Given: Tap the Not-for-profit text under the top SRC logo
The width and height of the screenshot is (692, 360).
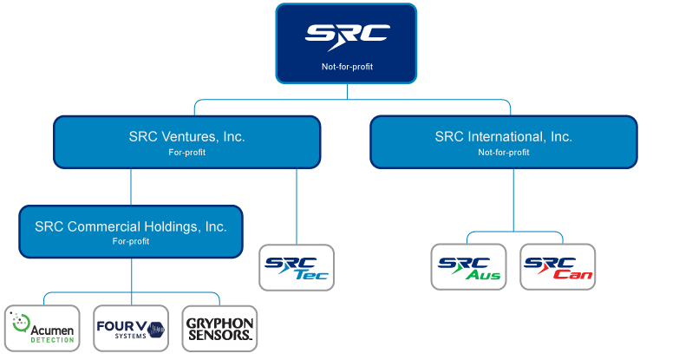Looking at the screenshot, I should coord(347,66).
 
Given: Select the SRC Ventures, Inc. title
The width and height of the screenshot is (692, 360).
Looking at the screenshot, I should coord(186,136).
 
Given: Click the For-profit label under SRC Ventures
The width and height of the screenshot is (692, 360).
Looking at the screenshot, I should coord(186,152).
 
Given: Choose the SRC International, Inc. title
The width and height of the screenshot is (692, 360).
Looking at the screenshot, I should coord(504,136).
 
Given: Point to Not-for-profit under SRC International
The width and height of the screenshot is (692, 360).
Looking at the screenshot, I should coord(504,152).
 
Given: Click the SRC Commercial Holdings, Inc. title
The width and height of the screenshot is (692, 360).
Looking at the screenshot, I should coord(131,226).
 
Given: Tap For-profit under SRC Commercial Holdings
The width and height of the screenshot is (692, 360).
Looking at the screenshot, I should coord(131,241).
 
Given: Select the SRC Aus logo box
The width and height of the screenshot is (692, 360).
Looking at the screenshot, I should coord(468,266).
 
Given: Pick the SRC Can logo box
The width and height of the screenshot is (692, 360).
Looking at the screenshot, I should coord(558,266).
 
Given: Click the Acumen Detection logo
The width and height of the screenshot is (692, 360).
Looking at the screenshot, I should coord(42,328).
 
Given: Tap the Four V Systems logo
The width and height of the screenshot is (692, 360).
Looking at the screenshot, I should coord(131,328).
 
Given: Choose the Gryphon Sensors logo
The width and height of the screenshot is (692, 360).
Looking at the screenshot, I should coord(219,328).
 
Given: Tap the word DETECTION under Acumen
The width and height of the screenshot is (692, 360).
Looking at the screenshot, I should coord(52,339).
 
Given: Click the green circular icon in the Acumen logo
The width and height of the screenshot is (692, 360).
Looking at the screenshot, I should coord(18,324).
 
